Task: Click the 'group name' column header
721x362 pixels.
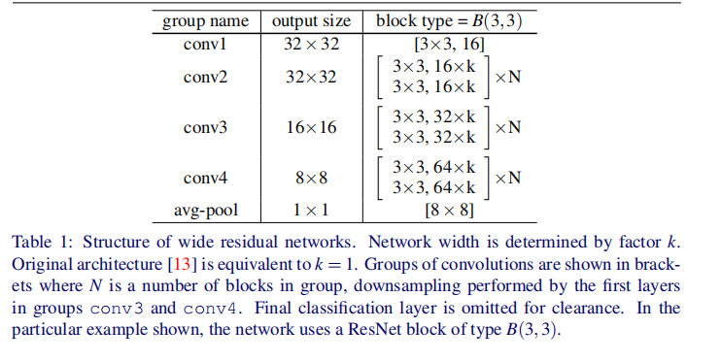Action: [205, 20]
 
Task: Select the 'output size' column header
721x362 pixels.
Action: [311, 20]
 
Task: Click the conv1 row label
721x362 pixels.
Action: [205, 45]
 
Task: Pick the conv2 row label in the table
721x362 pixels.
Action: [205, 78]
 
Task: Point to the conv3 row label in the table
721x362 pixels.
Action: [205, 128]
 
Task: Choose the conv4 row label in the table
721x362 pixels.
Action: [205, 179]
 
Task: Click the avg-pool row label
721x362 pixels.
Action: [205, 210]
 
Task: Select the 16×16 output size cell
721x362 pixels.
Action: [311, 128]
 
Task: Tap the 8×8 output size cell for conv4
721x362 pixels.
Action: [311, 179]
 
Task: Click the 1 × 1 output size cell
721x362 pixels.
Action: [311, 210]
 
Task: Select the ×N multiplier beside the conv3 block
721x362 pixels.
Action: [507, 127]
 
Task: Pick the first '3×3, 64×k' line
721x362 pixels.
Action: [433, 168]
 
